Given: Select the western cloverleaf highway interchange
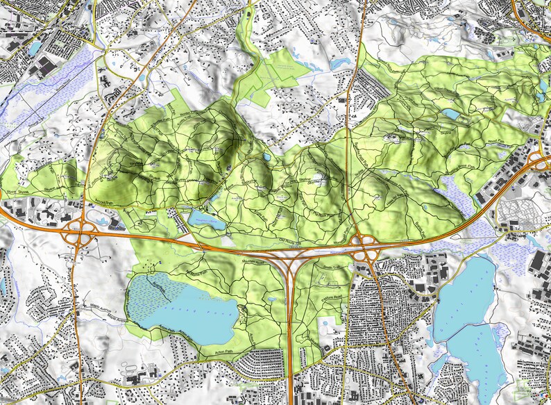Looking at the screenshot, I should tap(78, 236).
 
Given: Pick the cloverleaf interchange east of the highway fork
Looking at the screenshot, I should tap(364, 248).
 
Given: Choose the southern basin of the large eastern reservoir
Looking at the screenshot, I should tap(479, 361).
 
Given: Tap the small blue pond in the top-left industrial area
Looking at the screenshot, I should tap(35, 47).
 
